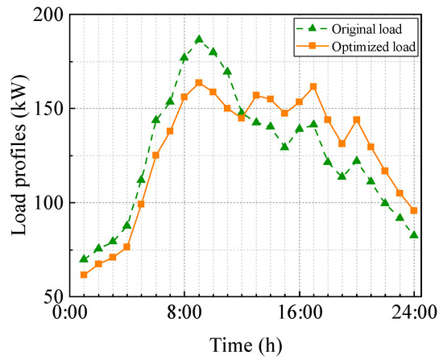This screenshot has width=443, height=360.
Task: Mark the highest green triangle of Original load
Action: [199, 39]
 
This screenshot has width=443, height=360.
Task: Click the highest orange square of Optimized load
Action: [199, 83]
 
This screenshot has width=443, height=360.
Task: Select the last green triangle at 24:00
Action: [414, 234]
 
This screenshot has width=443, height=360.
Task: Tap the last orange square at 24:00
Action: [414, 211]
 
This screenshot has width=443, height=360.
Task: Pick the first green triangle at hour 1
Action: [84, 259]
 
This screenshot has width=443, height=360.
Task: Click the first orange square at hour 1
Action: [84, 275]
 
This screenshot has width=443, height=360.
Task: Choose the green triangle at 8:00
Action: [184, 57]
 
